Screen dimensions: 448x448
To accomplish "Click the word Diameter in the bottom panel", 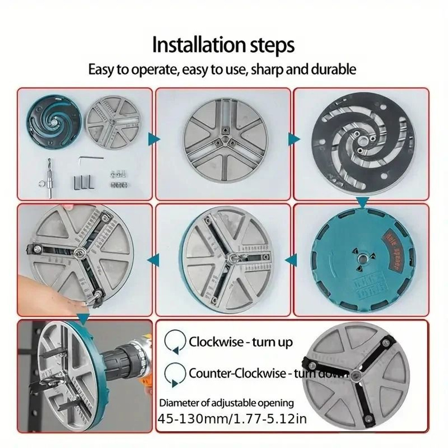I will [x=178, y=403].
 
